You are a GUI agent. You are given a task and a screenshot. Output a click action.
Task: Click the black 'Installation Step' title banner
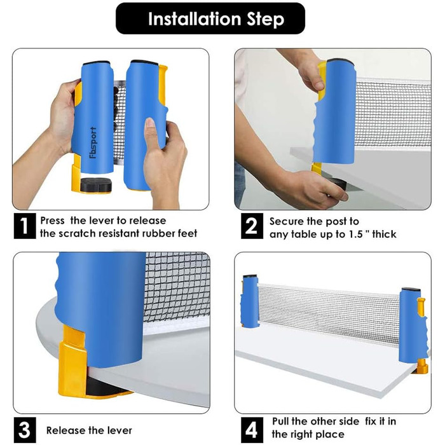(210, 18)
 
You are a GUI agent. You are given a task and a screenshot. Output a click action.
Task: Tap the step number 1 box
(25, 226)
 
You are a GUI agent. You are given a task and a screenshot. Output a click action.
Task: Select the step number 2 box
(252, 226)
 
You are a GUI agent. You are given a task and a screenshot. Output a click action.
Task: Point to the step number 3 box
(25, 430)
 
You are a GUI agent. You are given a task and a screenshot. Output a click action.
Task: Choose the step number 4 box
(252, 430)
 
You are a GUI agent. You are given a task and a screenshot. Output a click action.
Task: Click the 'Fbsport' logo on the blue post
(93, 142)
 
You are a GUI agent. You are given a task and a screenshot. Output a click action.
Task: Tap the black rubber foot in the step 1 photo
(96, 184)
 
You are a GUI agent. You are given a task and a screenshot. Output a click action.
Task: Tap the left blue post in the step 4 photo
(249, 301)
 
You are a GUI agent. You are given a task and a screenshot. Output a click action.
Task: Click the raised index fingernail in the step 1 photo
(150, 123)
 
